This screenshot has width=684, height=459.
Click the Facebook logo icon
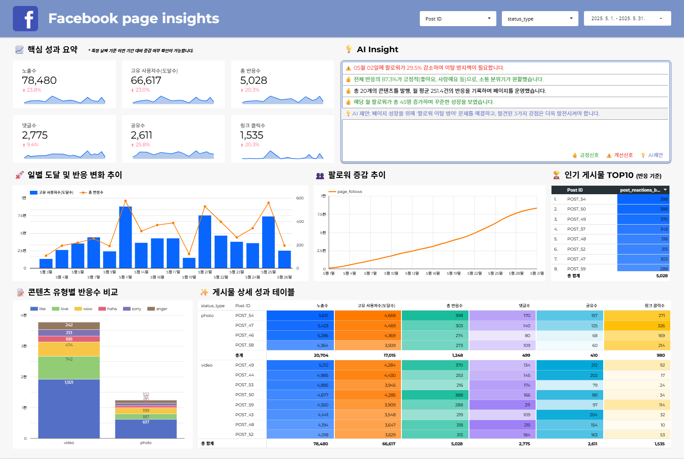coord(25,19)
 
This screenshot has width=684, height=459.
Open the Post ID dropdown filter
coord(457,19)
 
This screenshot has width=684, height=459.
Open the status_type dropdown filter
coord(540,19)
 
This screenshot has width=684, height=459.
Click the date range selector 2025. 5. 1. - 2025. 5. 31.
coord(627,19)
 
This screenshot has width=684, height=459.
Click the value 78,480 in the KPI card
coord(39,80)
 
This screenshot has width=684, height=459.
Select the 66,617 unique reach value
coord(146,80)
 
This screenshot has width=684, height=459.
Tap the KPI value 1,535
coord(251,135)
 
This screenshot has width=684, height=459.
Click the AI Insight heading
coord(377,50)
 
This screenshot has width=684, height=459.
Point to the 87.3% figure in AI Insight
coord(389,79)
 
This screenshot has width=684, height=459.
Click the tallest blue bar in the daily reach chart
coord(125,237)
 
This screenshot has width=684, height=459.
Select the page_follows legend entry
coord(349,192)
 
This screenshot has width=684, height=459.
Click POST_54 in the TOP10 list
coord(576,199)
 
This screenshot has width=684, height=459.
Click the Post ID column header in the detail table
coord(242,306)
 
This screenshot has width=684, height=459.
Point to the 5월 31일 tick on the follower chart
coord(537,273)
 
